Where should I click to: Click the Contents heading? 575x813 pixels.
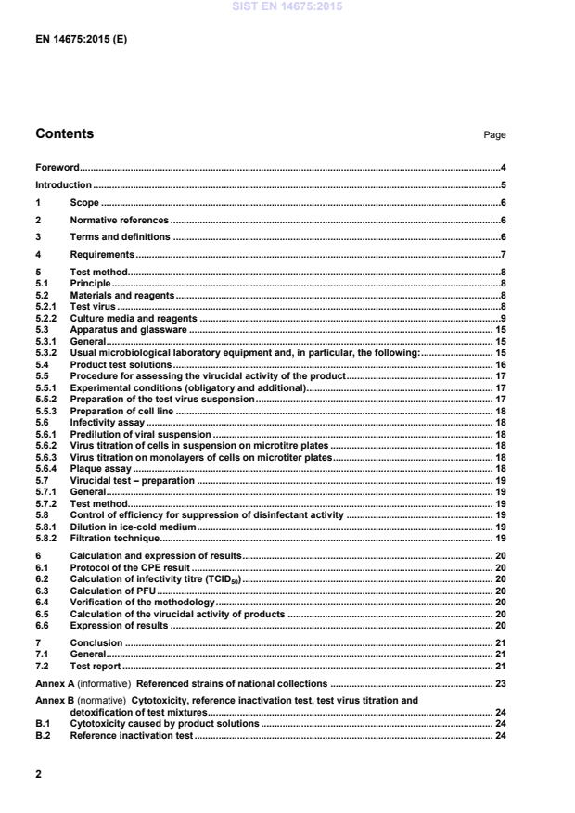(64, 134)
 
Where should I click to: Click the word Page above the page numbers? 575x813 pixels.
(494, 135)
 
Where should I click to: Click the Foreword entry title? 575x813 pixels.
(57, 168)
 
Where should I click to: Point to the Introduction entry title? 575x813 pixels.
(63, 185)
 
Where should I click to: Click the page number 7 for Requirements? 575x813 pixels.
(502, 255)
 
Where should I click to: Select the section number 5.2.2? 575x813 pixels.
(47, 318)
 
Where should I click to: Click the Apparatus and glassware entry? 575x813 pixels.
(129, 329)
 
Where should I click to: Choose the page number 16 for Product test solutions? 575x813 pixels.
(499, 364)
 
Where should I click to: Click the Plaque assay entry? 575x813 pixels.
(100, 469)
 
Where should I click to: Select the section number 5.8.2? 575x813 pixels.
(47, 538)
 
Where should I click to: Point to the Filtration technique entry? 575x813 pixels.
(115, 538)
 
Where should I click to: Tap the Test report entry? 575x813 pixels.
(96, 666)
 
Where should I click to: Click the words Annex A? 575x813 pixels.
(55, 683)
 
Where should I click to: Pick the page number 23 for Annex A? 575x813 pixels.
(499, 683)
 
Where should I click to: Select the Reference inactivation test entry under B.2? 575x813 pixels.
(131, 735)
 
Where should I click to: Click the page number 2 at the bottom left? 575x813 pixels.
(38, 773)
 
